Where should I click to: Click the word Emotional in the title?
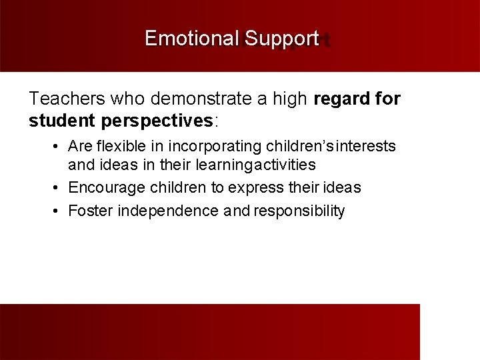point(192,39)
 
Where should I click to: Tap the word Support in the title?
point(282,39)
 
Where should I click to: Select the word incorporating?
point(215,146)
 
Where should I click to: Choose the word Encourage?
point(103,188)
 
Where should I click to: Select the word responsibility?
point(299,211)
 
